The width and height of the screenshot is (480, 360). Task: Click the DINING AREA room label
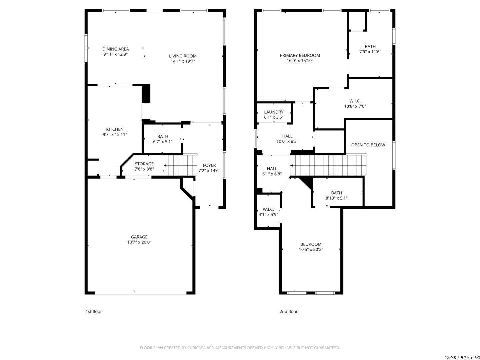point(115,49)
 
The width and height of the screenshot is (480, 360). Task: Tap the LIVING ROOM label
point(183,56)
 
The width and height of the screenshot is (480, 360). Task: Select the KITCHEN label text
point(115,129)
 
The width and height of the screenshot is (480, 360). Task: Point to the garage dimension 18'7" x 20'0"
point(139,242)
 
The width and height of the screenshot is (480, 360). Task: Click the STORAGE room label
point(144,164)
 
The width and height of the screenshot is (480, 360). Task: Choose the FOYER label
point(209,165)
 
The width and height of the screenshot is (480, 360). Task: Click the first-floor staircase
point(181,165)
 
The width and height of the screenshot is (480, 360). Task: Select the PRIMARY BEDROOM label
point(300,55)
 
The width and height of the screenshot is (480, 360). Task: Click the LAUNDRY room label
point(274,112)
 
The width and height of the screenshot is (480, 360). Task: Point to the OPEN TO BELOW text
point(368,145)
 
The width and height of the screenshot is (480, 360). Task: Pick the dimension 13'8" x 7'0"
point(355,106)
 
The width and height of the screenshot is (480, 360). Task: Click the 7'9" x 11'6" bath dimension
point(370,52)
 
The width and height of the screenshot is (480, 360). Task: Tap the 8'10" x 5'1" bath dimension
point(336,198)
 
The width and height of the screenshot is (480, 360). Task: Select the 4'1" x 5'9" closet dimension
point(268,214)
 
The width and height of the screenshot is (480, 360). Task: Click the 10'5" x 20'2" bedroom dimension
point(311,249)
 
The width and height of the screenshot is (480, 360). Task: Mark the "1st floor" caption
point(94,311)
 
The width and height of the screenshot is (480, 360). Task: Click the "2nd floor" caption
point(288,311)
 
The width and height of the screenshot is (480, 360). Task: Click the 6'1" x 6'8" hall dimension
point(272,174)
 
